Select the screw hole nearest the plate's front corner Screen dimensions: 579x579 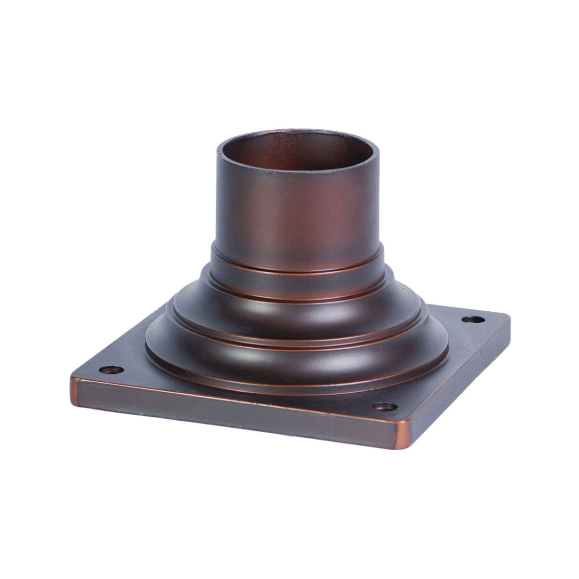click(x=383, y=407)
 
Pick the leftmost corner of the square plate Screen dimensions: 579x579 click(x=72, y=381)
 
